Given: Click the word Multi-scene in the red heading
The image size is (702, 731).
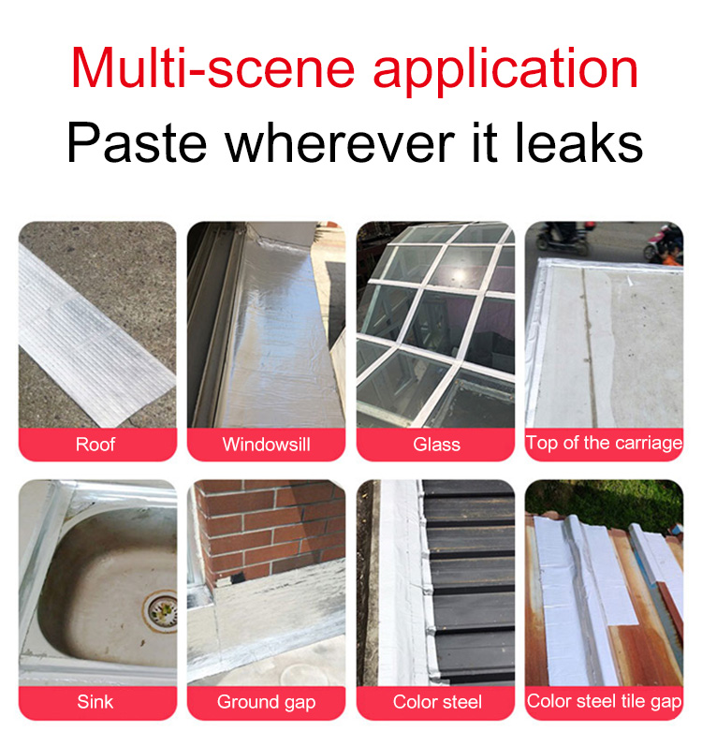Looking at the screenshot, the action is [x=212, y=67].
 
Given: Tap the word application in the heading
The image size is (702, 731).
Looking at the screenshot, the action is [x=505, y=71].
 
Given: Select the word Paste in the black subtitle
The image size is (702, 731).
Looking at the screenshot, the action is [x=137, y=142].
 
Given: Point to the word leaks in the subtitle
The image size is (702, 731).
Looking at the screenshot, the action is [x=578, y=141].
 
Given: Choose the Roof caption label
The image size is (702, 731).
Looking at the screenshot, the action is [x=95, y=445].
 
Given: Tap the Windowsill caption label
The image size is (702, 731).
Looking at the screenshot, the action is [x=266, y=445].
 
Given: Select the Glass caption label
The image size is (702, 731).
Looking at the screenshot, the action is [x=436, y=445].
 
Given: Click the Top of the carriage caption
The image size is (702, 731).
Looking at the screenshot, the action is [x=604, y=443].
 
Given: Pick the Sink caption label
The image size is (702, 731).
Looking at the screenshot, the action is [x=95, y=702].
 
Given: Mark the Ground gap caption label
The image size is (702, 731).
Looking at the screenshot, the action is [x=266, y=702].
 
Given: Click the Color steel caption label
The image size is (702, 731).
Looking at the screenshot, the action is [x=437, y=702].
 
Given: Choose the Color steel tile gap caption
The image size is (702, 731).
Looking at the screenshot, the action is [x=604, y=701].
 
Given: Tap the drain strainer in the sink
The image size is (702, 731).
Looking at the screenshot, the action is [x=161, y=610].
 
